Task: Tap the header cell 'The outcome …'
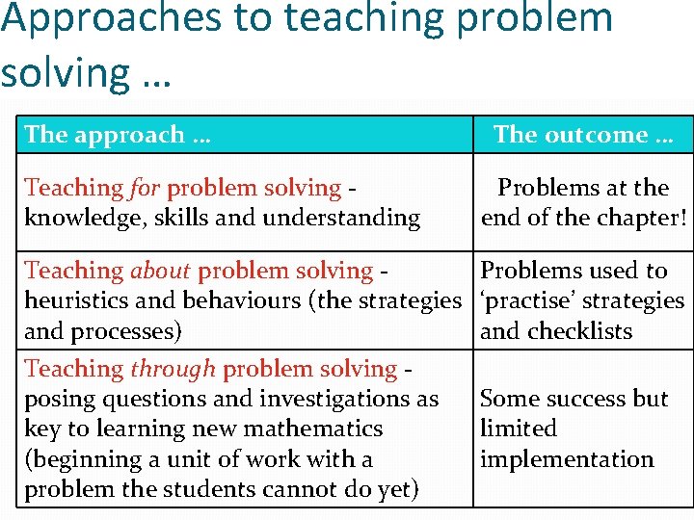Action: (583, 135)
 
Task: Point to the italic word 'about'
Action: (162, 271)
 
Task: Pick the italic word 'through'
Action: (174, 369)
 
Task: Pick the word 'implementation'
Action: (567, 459)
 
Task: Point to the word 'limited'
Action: (519, 429)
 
